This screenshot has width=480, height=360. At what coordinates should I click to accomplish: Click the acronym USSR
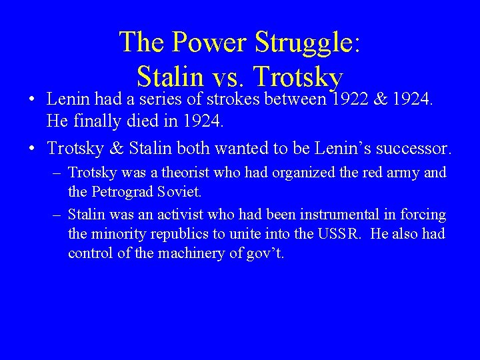(x=335, y=235)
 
